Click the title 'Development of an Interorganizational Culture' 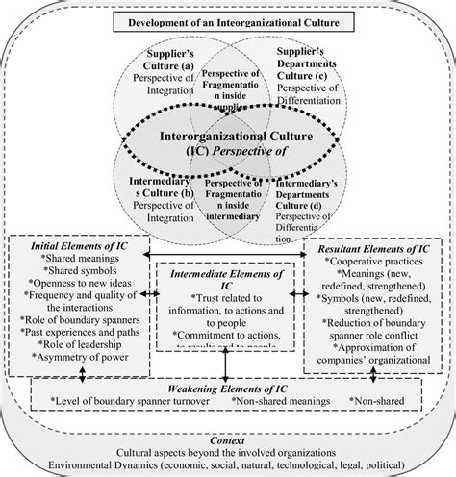coord(228,20)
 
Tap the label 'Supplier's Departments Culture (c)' coord(307,61)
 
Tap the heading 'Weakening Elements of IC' coord(229,384)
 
